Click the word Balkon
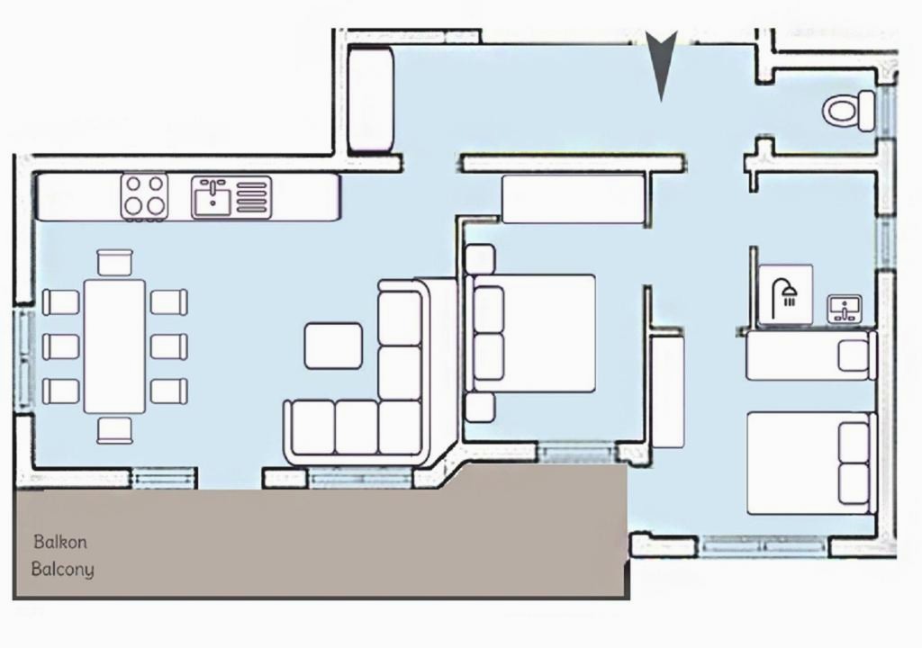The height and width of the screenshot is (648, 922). [60, 542]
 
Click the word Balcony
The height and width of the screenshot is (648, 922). [62, 569]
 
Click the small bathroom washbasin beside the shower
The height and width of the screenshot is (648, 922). [845, 308]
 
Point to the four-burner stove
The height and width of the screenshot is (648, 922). [145, 196]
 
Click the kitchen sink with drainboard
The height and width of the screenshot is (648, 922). [231, 197]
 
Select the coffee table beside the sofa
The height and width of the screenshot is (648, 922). [333, 346]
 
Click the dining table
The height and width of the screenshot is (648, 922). [114, 346]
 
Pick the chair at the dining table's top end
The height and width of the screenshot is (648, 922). [114, 262]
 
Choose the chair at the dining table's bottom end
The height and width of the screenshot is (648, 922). [114, 430]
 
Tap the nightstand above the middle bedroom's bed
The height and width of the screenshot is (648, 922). [480, 258]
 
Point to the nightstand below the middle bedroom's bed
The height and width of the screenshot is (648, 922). [480, 408]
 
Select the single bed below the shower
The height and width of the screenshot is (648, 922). [811, 355]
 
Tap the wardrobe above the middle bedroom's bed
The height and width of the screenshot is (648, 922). [574, 199]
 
